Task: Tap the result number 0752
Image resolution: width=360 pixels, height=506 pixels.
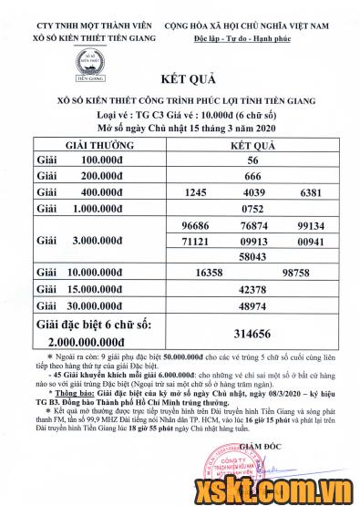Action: tap(254, 209)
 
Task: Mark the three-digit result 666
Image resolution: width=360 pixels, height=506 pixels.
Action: tap(254, 175)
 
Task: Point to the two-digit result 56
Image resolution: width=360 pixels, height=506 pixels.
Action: tap(254, 159)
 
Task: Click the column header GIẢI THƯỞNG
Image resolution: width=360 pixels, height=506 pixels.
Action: tap(99, 145)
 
